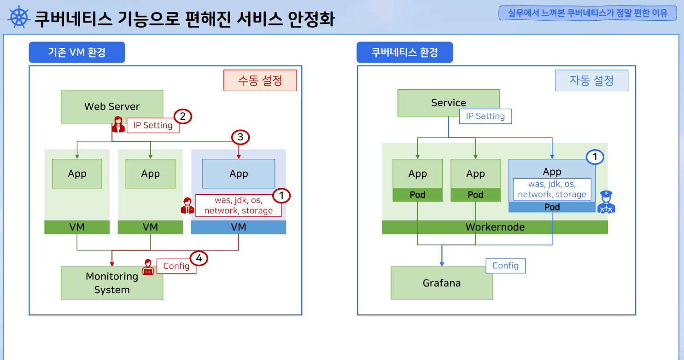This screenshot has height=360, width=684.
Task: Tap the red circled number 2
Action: (182, 116)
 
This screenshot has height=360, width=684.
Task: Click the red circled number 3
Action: (240, 137)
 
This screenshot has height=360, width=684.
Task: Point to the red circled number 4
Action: (199, 259)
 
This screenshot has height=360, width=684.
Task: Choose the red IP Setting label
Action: (153, 125)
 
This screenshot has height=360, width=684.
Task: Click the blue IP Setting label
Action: (485, 116)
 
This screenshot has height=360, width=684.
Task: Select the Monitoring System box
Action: (112, 283)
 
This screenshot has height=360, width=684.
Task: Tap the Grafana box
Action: (442, 283)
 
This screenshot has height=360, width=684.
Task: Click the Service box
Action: (448, 102)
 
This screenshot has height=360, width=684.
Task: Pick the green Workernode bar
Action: (495, 227)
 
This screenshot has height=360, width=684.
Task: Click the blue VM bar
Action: (239, 227)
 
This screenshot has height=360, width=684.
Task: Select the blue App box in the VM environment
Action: (239, 174)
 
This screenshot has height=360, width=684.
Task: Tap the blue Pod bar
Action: (552, 207)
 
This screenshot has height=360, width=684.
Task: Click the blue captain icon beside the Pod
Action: (606, 203)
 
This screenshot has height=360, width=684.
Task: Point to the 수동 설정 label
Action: (260, 81)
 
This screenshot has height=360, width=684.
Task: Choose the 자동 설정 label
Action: (591, 81)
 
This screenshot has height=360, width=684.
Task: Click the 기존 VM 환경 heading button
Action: (77, 52)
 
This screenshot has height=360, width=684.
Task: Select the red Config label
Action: (176, 266)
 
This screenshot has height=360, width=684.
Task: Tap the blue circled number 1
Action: (595, 157)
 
